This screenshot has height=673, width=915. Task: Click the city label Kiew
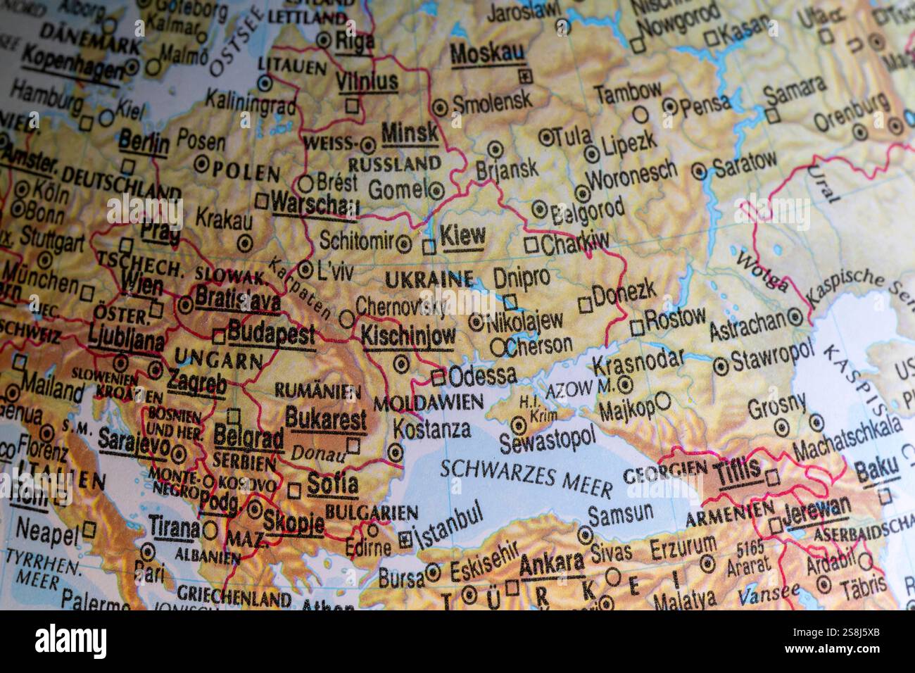pyautogui.click(x=462, y=237)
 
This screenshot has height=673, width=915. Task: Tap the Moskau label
pyautogui.click(x=486, y=54)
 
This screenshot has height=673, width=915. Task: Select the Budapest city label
pyautogui.click(x=271, y=333)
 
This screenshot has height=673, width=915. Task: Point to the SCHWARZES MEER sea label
pyautogui.click(x=526, y=477)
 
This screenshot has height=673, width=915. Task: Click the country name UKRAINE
pyautogui.click(x=429, y=279)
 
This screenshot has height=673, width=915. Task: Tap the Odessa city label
pyautogui.click(x=482, y=375)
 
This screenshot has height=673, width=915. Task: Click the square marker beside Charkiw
pyautogui.click(x=531, y=245)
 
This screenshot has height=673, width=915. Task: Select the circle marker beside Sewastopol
pyautogui.click(x=519, y=424)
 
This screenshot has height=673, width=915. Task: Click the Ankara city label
pyautogui.click(x=552, y=564)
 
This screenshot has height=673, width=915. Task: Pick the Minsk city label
pyautogui.click(x=409, y=132)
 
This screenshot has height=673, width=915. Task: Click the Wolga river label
pyautogui.click(x=762, y=271)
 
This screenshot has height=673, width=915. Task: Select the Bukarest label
pyautogui.click(x=326, y=420)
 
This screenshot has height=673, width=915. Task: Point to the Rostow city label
pyautogui.click(x=675, y=319)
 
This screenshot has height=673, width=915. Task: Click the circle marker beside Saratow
pyautogui.click(x=698, y=170)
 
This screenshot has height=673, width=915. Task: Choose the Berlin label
pyautogui.click(x=144, y=143)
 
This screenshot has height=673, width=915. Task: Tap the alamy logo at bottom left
pyautogui.click(x=72, y=641)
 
